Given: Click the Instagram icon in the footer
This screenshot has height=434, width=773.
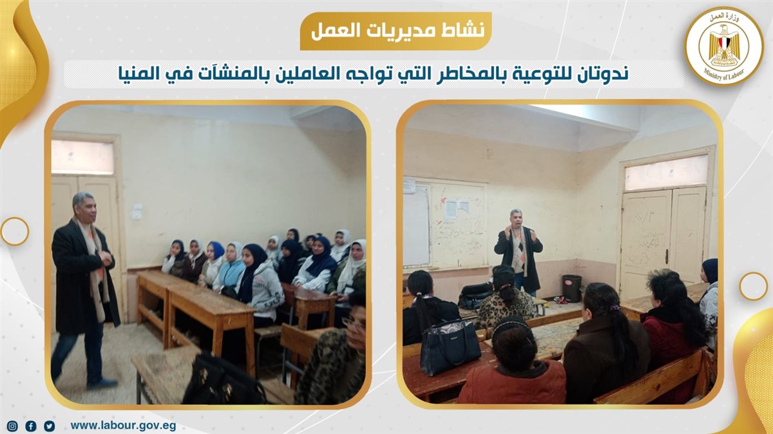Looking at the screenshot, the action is point(12,426).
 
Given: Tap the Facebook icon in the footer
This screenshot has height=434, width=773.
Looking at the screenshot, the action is point(31,426).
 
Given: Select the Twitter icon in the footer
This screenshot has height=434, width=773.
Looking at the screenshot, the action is point(50,426).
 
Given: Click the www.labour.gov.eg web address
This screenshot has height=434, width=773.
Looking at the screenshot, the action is point(123,426).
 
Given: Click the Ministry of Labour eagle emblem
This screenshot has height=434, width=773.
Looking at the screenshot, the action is point(724,46).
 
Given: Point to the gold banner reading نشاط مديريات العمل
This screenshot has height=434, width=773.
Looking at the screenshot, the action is point(396,31).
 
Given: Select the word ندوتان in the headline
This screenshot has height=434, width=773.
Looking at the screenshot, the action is point(600,74).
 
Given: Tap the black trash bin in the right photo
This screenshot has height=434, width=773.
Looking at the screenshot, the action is point(572,288).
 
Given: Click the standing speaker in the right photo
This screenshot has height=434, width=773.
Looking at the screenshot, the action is point(519,252).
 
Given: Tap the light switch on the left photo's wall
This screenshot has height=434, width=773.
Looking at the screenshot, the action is point(137,211).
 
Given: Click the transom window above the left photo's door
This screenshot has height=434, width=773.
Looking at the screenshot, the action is point(83,157).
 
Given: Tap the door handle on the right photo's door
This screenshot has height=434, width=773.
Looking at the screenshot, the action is point(667,257).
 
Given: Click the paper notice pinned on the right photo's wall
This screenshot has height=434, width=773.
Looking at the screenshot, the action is point(456,210).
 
